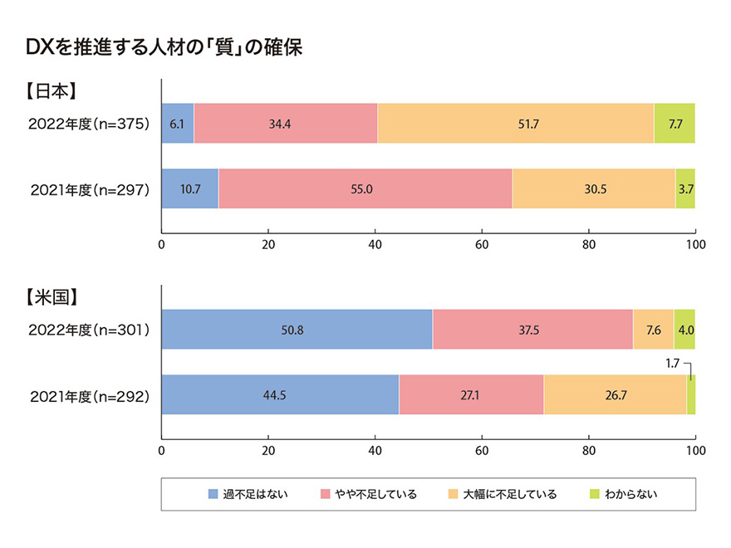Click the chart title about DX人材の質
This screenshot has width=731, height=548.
pos(164,47)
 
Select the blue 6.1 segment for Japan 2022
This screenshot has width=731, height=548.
pos(177,124)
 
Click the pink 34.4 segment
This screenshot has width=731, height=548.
pos(285,124)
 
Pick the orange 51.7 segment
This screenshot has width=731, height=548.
pos(515,124)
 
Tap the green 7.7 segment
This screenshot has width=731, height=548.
pos(675,124)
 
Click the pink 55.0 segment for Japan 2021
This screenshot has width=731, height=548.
pos(365,188)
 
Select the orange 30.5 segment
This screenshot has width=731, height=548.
pos(593,188)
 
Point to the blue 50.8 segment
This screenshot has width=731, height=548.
pos(297,329)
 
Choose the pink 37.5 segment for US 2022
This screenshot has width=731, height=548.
pos(532,329)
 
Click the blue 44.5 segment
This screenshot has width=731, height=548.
pos(280,394)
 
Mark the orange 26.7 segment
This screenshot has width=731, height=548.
pos(615,394)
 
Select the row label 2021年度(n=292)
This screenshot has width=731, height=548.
pos(88,394)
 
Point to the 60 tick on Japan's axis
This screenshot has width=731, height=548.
pos(482,245)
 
